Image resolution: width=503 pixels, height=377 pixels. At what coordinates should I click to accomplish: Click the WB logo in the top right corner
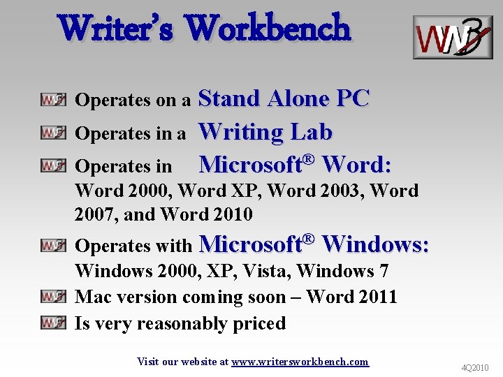pos(452,37)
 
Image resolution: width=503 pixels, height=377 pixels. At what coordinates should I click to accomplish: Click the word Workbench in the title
pos(269,29)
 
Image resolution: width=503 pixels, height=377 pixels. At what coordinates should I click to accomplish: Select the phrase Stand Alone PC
pos(284,98)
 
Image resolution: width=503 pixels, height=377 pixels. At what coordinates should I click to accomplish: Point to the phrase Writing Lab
pos(265,131)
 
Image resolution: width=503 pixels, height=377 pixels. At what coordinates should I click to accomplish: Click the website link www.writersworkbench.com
pos(300,362)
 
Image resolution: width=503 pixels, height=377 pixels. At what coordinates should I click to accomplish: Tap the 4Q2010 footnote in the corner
pos(475,367)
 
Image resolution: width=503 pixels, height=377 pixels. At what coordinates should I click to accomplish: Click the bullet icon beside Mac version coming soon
pos(53,297)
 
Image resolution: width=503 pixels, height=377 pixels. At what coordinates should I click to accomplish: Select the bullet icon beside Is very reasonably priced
pos(53,323)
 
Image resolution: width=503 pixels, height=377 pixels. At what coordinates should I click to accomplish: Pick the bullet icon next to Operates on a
pos(53,100)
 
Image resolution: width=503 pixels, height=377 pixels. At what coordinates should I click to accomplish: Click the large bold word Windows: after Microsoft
pos(376,244)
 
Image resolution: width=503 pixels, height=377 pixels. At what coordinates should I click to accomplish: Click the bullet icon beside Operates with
pos(53,245)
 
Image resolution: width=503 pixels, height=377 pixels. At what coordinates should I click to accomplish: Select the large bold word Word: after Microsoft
pos(357,165)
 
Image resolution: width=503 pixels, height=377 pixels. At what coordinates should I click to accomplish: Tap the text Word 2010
pos(207,214)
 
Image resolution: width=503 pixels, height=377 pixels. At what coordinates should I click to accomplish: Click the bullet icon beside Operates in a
pos(53,133)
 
